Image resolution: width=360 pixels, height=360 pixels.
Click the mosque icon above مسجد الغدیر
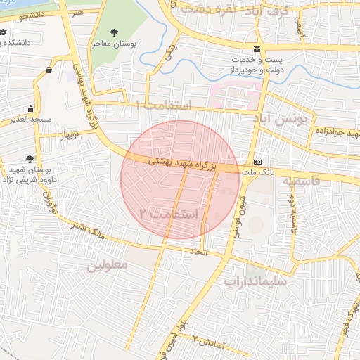tap(30, 109)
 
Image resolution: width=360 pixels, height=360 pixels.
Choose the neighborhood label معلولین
tap(107, 266)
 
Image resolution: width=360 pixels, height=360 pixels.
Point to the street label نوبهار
tap(70, 133)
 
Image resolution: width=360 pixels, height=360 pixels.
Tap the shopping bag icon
tap(49, 70)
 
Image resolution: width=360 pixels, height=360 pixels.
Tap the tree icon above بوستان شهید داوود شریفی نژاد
tap(29, 159)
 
